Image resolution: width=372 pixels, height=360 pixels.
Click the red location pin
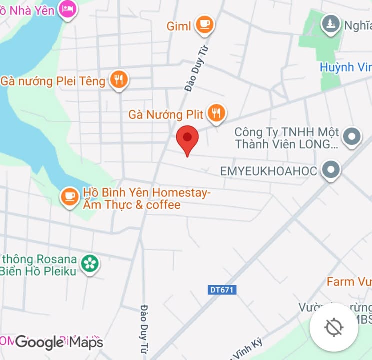(188, 138)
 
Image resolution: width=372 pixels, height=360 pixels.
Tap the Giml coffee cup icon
(204, 23)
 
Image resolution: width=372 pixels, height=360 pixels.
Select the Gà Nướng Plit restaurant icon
(216, 113)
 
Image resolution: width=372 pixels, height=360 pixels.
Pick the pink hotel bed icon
(68, 8)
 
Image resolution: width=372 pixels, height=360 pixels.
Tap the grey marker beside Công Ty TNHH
(352, 136)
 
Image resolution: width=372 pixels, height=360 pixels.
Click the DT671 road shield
(222, 290)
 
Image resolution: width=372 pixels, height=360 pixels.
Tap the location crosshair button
(333, 327)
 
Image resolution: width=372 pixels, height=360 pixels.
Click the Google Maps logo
(59, 342)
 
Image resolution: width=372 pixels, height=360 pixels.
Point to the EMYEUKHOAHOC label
(268, 171)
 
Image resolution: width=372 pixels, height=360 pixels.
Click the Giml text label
(179, 26)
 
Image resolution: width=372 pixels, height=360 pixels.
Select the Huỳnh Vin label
(345, 67)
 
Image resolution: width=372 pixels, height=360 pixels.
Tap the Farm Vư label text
(349, 282)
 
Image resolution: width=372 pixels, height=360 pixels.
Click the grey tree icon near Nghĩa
(330, 23)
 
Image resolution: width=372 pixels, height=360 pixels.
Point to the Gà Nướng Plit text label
(166, 115)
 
